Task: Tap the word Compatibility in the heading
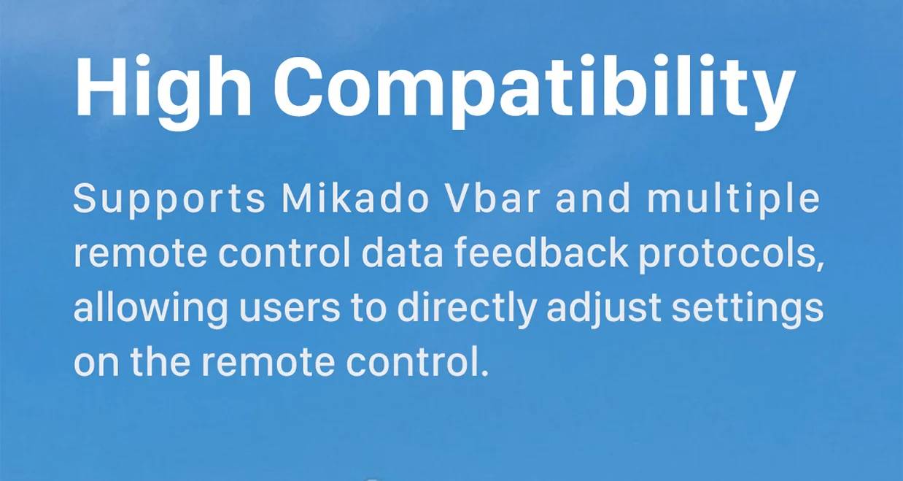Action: point(535,91)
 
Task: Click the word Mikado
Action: point(355,198)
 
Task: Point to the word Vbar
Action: point(491,198)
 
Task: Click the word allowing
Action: point(150,309)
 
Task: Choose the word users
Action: point(289,312)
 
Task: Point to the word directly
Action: point(466,309)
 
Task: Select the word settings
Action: point(747,309)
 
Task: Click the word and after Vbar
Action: point(592,198)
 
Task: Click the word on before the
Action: point(96,363)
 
